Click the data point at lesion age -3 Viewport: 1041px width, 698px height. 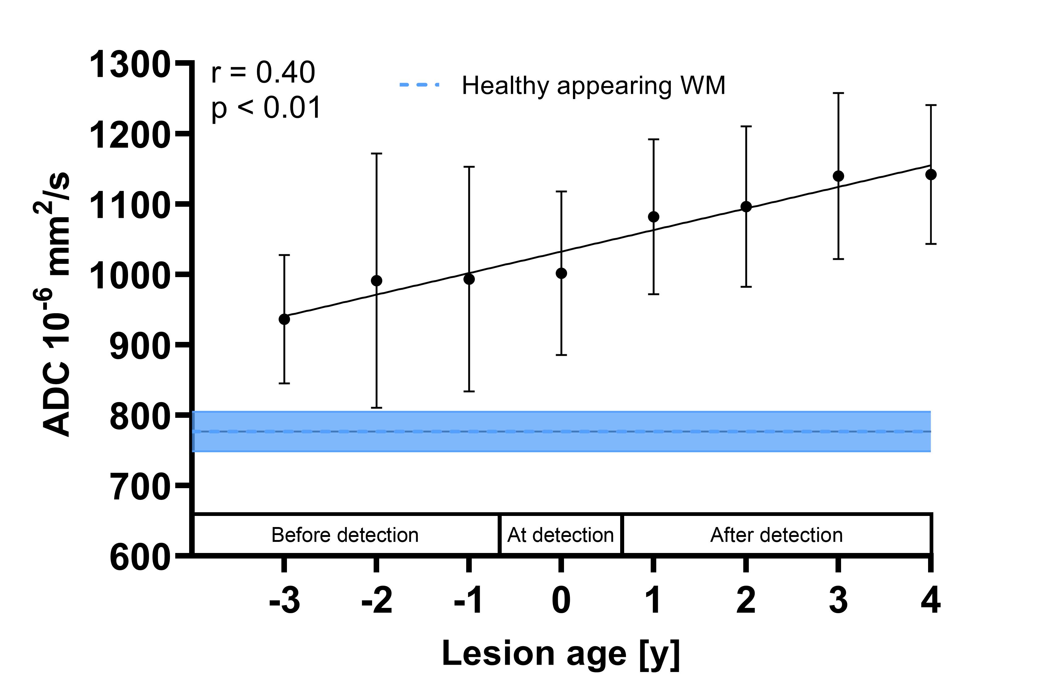coord(284,319)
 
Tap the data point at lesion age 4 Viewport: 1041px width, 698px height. coord(931,175)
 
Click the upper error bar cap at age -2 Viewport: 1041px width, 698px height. coord(376,154)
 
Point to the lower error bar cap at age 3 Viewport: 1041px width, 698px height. coord(839,259)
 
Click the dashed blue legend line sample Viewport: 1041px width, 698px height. coord(419,85)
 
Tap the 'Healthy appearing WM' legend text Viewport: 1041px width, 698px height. coord(594,85)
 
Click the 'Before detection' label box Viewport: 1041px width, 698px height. coord(345,535)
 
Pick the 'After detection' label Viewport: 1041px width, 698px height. coord(777,535)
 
